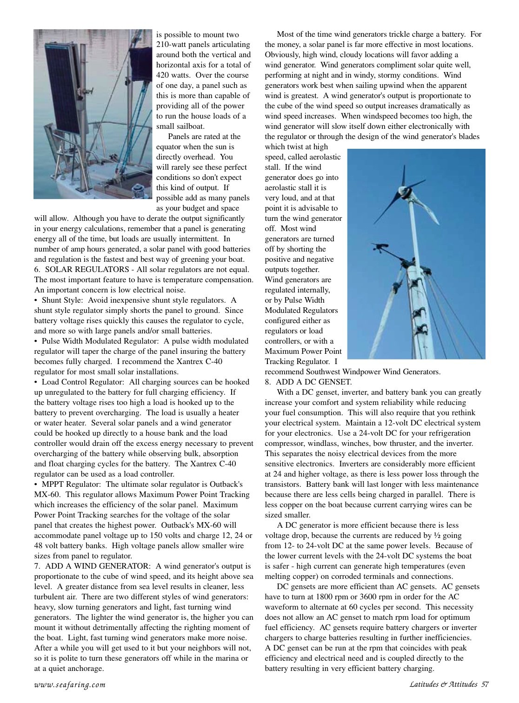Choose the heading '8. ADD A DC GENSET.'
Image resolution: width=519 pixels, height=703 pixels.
click(308, 382)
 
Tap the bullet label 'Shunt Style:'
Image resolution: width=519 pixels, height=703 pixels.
click(63, 300)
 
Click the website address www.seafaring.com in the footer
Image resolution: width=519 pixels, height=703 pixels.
click(70, 684)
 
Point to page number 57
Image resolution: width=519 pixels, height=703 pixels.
click(485, 684)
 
